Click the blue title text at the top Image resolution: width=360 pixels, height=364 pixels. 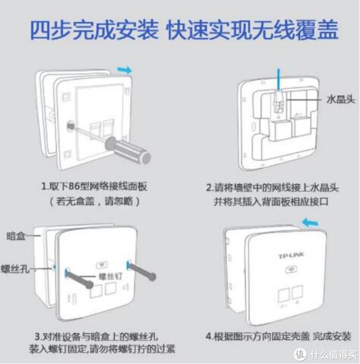[184, 30]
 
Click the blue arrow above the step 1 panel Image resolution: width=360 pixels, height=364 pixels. [124, 70]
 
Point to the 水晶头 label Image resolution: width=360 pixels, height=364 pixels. [341, 99]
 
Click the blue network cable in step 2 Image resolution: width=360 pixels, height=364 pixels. [279, 79]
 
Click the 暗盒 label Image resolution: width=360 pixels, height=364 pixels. [16, 236]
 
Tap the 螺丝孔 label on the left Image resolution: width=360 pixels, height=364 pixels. [15, 269]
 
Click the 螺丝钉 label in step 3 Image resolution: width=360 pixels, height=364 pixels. [111, 276]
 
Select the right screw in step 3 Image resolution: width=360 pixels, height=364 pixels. [142, 271]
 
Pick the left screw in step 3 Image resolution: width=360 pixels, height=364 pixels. [79, 279]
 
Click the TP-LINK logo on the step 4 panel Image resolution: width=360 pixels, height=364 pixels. [291, 256]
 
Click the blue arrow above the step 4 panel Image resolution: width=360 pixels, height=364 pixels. [310, 223]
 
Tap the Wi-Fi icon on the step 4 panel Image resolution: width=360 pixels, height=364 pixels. [291, 270]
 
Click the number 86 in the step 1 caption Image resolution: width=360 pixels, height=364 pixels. [74, 186]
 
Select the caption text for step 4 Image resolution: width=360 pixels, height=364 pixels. [278, 336]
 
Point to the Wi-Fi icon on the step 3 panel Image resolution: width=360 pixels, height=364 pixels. [102, 265]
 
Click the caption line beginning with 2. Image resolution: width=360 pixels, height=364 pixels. [272, 188]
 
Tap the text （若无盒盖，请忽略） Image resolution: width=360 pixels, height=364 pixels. [94, 201]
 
